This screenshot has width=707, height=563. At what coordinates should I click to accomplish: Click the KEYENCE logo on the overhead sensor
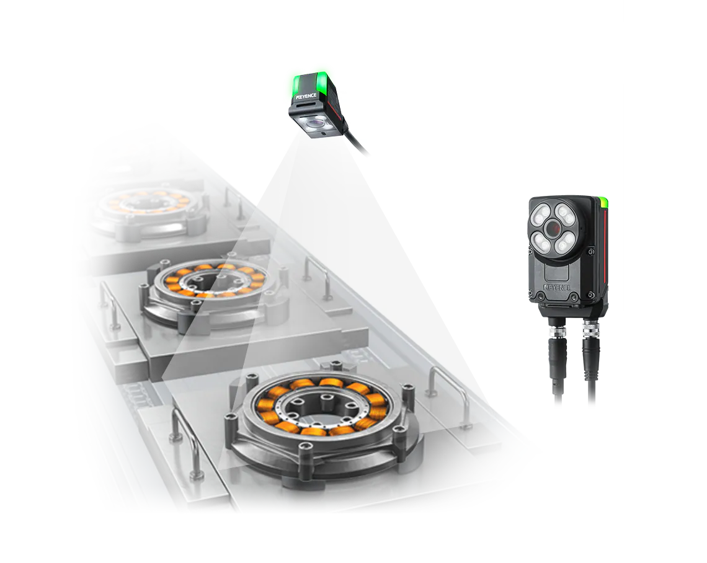click(x=306, y=97)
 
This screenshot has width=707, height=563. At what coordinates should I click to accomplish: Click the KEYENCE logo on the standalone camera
click(x=558, y=286)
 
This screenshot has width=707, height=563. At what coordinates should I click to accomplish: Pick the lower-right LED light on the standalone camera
click(x=564, y=244)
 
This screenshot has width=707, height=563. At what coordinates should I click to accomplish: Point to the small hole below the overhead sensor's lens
click(x=322, y=134)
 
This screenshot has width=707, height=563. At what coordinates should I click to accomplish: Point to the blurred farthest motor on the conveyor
click(x=149, y=212)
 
